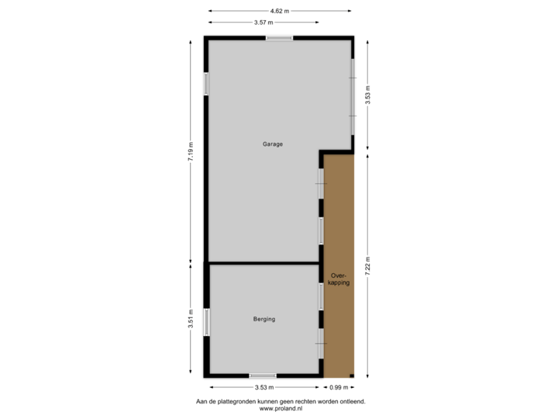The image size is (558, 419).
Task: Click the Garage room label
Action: pos(272,144)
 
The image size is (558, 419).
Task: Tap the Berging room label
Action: pos(264,319)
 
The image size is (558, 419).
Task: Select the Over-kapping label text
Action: pos(339,279)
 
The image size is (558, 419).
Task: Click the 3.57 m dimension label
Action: pos(263,23)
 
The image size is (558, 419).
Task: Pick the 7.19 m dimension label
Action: pos(190,151)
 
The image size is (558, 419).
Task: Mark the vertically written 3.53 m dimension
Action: pos(368,95)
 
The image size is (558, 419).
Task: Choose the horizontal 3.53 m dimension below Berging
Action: pos(264,386)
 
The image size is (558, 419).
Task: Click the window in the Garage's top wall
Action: pos(278,38)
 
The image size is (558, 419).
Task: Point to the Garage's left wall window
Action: pos(206,84)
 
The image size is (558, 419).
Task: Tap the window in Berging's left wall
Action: pos(206,321)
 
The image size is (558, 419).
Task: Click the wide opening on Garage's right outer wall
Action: pos(353,87)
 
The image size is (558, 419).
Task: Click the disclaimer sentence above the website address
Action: pos(280,401)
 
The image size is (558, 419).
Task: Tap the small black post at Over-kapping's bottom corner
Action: pos(353,377)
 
